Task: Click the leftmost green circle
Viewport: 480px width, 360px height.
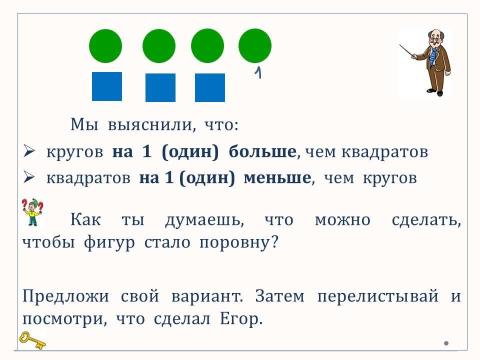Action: pyautogui.click(x=105, y=46)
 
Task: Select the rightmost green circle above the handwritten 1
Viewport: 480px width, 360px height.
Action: pyautogui.click(x=254, y=45)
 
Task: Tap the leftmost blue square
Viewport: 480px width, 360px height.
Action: pyautogui.click(x=107, y=86)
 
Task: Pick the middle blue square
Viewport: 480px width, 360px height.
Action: pyautogui.click(x=160, y=87)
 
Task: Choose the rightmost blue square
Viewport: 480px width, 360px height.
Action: pyautogui.click(x=209, y=87)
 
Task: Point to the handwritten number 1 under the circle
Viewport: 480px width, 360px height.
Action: pyautogui.click(x=258, y=73)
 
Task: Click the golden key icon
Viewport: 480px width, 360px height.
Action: pyautogui.click(x=32, y=340)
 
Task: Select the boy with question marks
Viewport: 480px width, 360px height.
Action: pyautogui.click(x=32, y=212)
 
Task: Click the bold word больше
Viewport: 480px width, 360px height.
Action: pyautogui.click(x=262, y=151)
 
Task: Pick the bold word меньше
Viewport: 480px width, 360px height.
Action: pyautogui.click(x=277, y=177)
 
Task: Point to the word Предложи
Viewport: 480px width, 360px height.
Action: pyautogui.click(x=65, y=296)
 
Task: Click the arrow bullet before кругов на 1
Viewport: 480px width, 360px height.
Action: pyautogui.click(x=29, y=151)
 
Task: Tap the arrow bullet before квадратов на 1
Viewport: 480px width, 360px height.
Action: pyautogui.click(x=29, y=177)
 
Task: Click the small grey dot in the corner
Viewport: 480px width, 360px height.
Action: pyautogui.click(x=446, y=343)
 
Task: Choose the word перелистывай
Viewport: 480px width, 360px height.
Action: pyautogui.click(x=378, y=296)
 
